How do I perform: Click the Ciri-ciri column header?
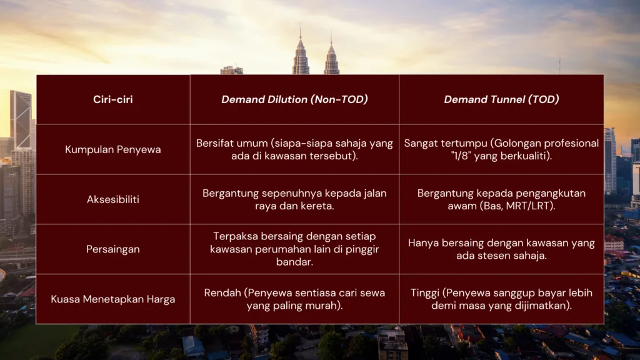[x=112, y=99]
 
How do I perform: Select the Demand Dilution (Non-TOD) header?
[x=294, y=99]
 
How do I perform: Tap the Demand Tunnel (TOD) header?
[x=501, y=99]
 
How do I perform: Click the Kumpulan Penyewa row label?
[x=112, y=149]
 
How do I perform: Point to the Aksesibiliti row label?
[x=112, y=199]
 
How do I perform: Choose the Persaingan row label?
[x=112, y=249]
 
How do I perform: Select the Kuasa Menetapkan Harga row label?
[x=112, y=299]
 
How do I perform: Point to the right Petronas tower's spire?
[x=331, y=36]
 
